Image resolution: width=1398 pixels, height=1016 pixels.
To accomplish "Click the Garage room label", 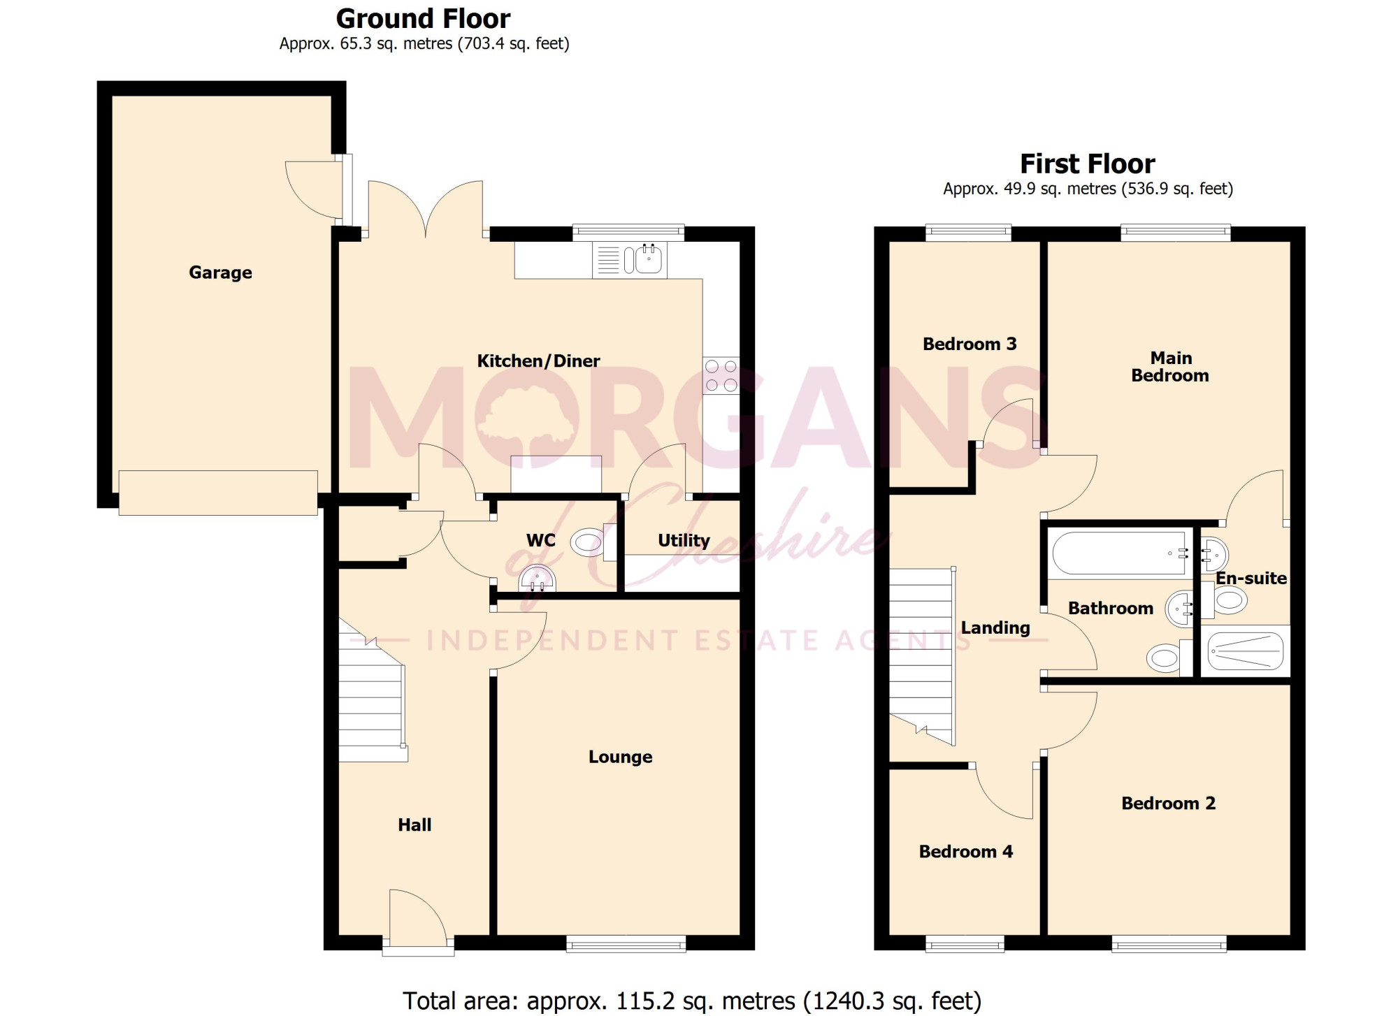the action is [220, 273].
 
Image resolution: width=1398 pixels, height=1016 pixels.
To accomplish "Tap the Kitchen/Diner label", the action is [538, 361].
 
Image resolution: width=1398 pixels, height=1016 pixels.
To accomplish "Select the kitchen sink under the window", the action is [630, 260].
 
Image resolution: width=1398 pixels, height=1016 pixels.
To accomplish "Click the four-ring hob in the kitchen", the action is [721, 376].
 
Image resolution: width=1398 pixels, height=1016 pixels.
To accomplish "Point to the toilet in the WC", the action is [593, 542].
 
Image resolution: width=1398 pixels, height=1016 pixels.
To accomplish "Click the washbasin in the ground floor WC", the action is [537, 579].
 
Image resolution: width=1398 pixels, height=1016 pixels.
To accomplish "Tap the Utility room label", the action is [684, 540].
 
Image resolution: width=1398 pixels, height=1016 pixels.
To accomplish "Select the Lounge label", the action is [621, 757].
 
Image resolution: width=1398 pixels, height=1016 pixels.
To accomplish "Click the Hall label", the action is [415, 825].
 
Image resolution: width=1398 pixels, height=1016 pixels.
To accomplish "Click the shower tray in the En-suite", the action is [1246, 651].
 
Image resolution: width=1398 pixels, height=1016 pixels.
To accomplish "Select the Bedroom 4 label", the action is [966, 852].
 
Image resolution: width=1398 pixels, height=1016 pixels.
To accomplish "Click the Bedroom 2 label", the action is [1169, 804].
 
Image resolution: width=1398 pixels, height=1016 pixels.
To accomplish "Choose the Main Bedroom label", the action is [1171, 367].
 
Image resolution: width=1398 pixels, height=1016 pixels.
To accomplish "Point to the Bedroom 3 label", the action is [970, 344].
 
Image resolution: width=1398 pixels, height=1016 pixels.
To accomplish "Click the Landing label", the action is [995, 628].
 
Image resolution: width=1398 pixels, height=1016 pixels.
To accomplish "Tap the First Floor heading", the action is [1088, 164].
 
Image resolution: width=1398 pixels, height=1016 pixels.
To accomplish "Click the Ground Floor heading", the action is [424, 19].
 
